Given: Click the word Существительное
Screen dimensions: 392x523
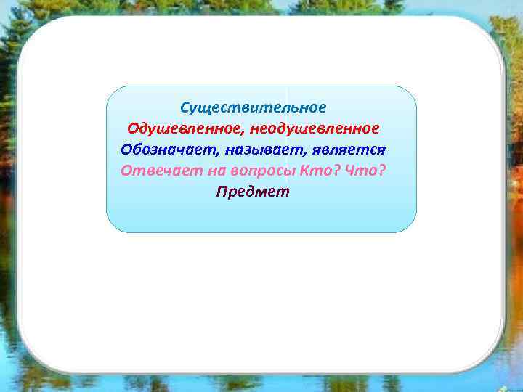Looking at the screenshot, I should [x=254, y=107].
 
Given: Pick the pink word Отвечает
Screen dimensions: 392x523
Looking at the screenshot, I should [x=153, y=171].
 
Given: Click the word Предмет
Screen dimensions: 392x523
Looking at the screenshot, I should [x=253, y=192].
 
